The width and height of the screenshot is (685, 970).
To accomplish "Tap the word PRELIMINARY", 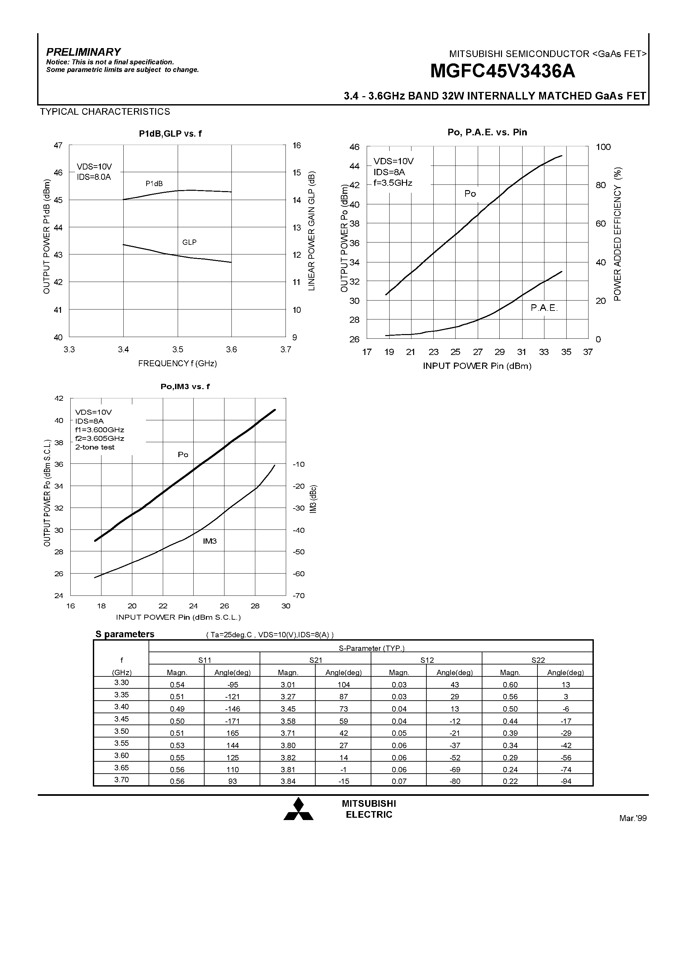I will tap(83, 52).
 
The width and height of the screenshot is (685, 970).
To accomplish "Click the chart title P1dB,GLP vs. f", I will tap(170, 133).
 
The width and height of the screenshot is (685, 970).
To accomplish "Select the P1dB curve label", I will tap(154, 183).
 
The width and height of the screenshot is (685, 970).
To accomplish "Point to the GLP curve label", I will tap(189, 242).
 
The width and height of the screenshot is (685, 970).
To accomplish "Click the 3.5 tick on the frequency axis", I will tap(177, 349).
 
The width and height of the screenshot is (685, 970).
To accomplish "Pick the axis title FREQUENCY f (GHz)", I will tap(177, 363).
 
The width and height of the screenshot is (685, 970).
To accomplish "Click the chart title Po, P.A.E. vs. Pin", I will tap(487, 132).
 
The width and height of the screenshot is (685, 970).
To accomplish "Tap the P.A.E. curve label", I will tap(544, 308).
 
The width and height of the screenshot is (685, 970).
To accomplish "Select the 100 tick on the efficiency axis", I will tap(603, 147).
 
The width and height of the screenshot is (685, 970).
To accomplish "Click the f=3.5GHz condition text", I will tap(393, 183).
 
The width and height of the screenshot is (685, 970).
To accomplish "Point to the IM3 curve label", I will tap(210, 541).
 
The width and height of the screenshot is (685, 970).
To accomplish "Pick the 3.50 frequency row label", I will tap(121, 731).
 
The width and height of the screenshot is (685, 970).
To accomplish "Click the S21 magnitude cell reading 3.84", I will tap(288, 781).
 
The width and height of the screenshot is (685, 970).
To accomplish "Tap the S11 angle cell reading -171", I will tap(232, 721).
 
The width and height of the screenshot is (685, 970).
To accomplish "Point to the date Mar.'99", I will tap(633, 818).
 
